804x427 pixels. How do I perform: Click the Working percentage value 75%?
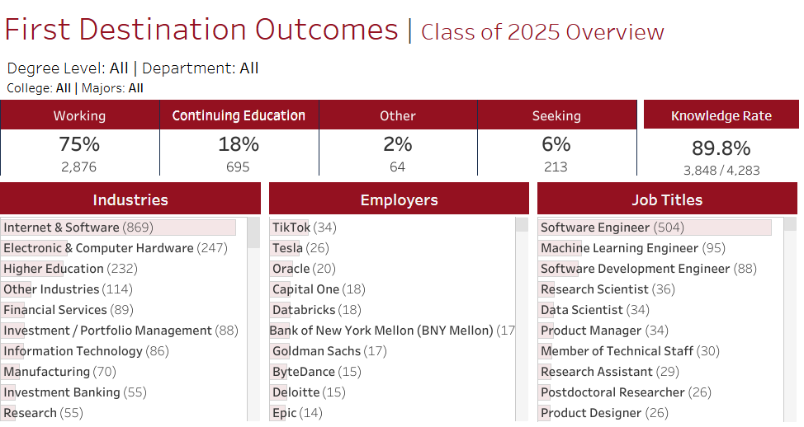coord(79,144)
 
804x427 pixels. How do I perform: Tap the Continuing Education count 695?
coord(238,167)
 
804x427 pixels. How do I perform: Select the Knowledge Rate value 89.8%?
coord(721,148)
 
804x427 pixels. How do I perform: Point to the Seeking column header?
coord(556,115)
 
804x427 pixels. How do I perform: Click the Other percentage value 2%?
coord(397,144)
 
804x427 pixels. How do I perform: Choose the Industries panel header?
coord(130,199)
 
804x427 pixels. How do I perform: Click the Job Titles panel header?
coord(667,199)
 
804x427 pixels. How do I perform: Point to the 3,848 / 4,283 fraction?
coord(721,171)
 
